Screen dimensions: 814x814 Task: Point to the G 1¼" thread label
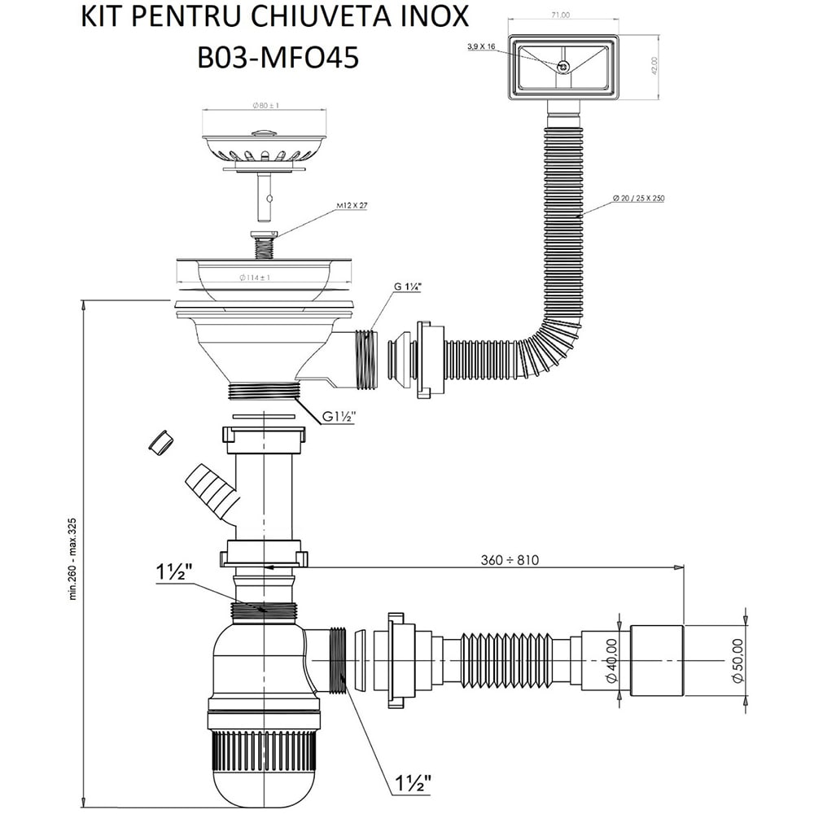click(410, 287)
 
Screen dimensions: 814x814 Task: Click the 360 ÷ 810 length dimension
click(509, 559)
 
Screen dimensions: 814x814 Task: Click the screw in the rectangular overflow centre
click(562, 64)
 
